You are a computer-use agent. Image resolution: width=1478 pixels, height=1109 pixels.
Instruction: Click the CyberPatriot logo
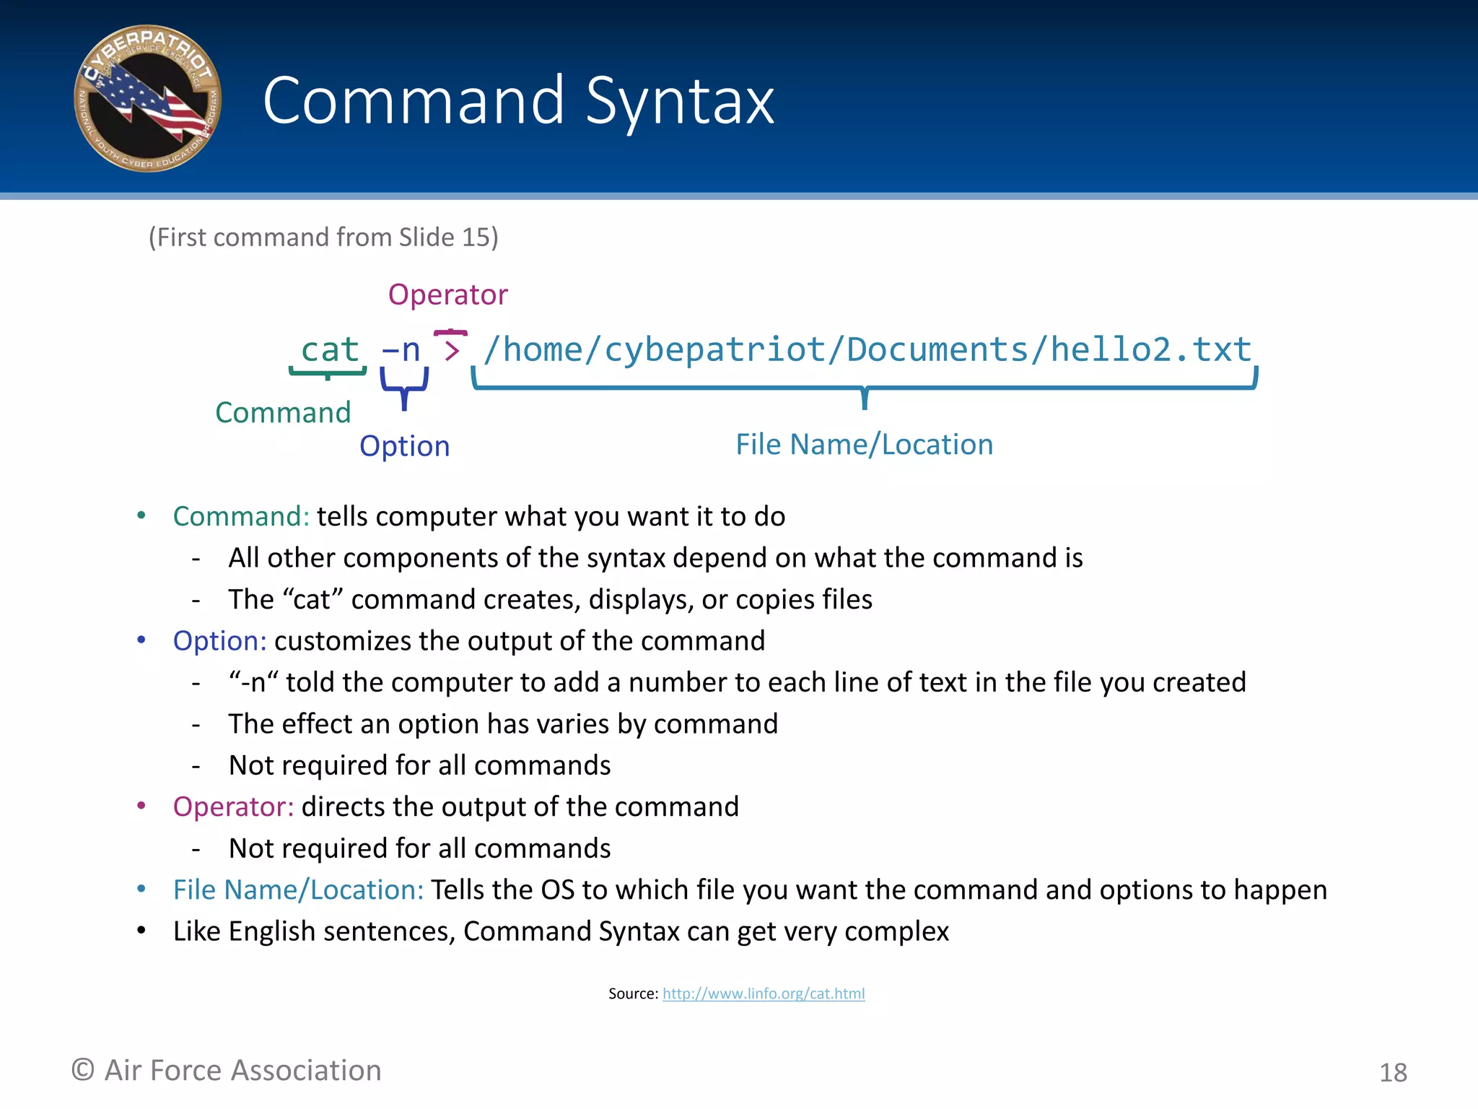(148, 99)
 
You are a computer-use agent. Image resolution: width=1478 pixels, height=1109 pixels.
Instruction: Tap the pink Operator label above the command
(447, 295)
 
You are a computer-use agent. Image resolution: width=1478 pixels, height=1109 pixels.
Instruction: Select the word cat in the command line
(329, 350)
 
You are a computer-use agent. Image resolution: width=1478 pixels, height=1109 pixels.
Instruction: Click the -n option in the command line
(401, 350)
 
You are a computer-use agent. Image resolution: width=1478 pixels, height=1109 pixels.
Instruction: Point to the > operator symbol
(452, 351)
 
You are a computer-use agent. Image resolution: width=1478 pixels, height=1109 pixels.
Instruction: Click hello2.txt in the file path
(1150, 350)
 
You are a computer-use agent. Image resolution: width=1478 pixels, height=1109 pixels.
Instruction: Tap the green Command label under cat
(283, 413)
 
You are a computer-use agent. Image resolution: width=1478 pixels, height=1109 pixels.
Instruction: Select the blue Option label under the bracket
(404, 446)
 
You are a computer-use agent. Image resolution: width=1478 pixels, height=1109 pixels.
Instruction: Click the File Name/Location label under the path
(864, 445)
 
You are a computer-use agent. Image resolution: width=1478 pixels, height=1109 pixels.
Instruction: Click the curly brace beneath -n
(404, 388)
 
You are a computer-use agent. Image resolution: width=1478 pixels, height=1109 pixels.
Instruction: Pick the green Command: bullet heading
(241, 517)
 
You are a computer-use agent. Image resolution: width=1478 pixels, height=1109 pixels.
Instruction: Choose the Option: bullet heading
(219, 641)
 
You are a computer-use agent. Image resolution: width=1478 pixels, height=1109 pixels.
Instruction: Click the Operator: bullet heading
(233, 807)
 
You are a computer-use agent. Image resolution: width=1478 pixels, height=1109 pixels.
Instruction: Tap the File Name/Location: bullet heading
(298, 890)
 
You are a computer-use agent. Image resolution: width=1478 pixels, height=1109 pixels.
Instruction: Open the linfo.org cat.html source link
(764, 994)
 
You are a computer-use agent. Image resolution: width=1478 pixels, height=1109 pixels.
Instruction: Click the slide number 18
(1393, 1073)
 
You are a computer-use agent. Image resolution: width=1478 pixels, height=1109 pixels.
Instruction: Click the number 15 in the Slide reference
(476, 238)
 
